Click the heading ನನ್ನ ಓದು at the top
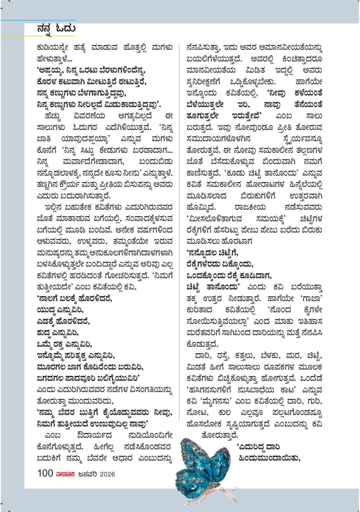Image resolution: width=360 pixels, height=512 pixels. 56,29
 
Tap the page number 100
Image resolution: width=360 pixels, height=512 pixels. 45,473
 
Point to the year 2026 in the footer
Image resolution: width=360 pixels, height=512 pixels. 107,474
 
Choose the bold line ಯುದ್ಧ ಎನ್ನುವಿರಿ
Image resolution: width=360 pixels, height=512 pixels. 60,310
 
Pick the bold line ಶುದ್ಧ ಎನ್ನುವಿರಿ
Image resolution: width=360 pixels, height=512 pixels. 57,333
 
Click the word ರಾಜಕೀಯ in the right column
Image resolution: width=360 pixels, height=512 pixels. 250,207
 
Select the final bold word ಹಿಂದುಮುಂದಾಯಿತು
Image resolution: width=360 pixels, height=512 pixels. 269,458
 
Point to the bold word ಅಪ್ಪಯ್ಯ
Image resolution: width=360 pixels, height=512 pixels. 50,70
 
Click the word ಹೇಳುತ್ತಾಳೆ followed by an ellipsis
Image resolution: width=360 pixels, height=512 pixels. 54,59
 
